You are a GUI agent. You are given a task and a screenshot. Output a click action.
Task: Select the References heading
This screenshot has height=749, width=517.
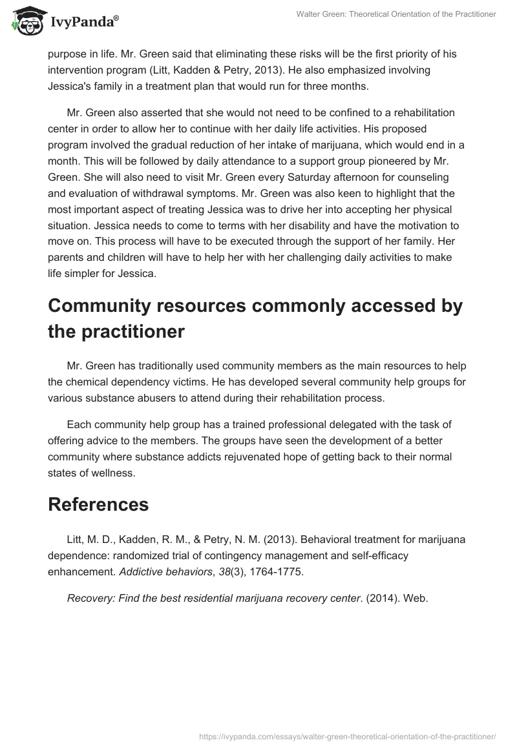pos(98,505)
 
